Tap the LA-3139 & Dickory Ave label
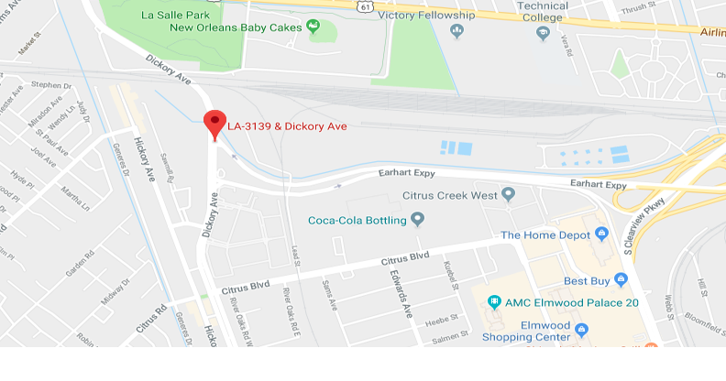[287, 126]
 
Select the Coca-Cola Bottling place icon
[418, 219]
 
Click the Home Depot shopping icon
[601, 234]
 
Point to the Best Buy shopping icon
[621, 279]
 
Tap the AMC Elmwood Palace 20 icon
[494, 301]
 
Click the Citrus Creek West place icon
[510, 195]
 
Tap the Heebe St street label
[437, 321]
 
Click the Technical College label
[543, 12]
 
